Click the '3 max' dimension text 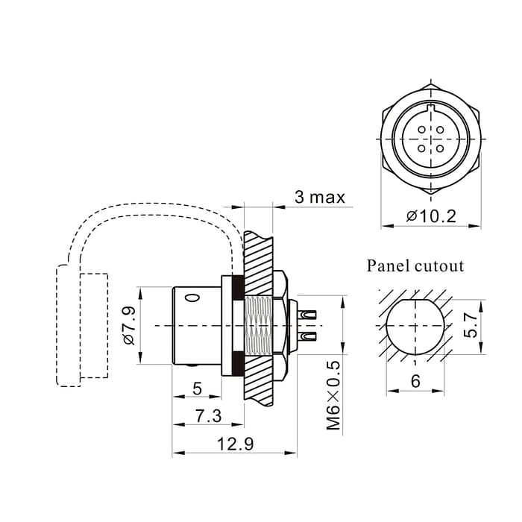pyautogui.click(x=319, y=197)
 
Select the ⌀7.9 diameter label pyautogui.click(x=128, y=326)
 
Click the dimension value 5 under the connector pyautogui.click(x=197, y=388)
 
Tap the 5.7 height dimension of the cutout pyautogui.click(x=471, y=325)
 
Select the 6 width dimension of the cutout pyautogui.click(x=415, y=381)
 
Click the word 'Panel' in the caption pyautogui.click(x=389, y=266)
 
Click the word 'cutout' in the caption pyautogui.click(x=439, y=266)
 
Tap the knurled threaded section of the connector pyautogui.click(x=258, y=325)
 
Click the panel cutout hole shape pyautogui.click(x=415, y=325)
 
